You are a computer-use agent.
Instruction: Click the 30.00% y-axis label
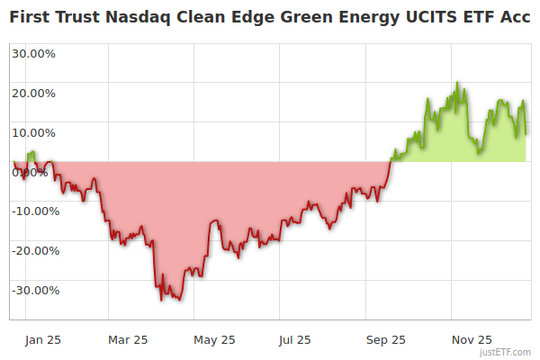pos(33,53)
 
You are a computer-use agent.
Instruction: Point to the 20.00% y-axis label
pos(33,93)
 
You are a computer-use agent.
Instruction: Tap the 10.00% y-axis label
pos(33,132)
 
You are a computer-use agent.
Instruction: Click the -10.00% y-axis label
pos(35,211)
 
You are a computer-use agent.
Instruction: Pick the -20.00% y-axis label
pos(35,251)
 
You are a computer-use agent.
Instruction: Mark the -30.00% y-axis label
pos(35,291)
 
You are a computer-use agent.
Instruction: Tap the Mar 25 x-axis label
pos(127,339)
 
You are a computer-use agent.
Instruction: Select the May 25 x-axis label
pos(214,339)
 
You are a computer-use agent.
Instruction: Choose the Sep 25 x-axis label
pos(386,339)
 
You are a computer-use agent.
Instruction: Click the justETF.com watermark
pos(507,352)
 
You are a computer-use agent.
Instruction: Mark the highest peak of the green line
pos(458,83)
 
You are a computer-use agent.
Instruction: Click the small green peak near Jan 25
pos(32,152)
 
